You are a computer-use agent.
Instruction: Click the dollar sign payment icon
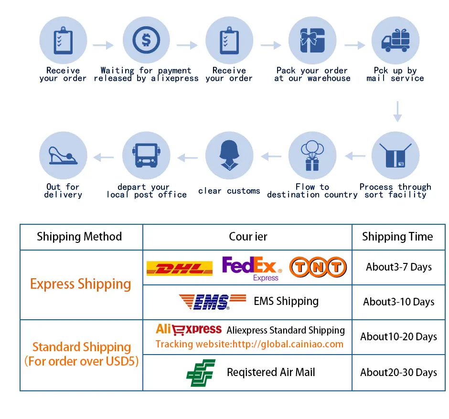pos(146,40)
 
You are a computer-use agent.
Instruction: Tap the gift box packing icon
pos(312,40)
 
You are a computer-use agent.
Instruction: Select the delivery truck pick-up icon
pos(396,40)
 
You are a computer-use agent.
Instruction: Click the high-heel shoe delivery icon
pos(63,156)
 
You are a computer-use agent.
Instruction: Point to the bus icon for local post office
pos(146,156)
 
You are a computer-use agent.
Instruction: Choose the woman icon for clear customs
pos(229,156)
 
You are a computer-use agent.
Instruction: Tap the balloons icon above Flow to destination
pos(312,156)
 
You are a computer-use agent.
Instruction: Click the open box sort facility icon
pos(396,156)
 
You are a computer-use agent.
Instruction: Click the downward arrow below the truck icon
pos(397,111)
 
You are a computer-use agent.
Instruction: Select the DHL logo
pos(179,268)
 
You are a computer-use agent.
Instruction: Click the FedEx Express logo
pos(252,268)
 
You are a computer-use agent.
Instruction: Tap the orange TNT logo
pos(318,267)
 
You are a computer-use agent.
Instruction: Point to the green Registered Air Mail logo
pos(201,373)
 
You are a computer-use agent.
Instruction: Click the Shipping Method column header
pos(79,237)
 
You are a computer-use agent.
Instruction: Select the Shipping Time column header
pos(397,237)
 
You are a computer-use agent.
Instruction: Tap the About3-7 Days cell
pos(399,267)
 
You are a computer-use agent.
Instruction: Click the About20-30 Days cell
pos(399,373)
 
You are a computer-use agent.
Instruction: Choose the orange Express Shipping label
pos(80,284)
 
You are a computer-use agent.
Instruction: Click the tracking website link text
pos(249,344)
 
